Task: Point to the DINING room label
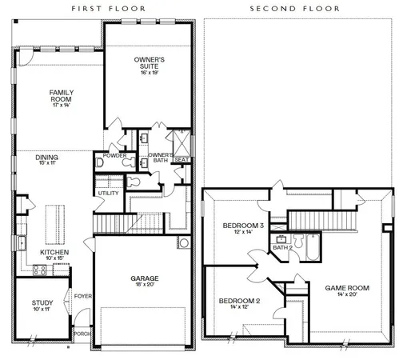pyautogui.click(x=46, y=158)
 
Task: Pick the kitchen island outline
pyautogui.click(x=57, y=220)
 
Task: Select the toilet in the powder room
pyautogui.click(x=100, y=162)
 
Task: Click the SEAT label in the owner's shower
pyautogui.click(x=181, y=158)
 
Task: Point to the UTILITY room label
pyautogui.click(x=108, y=193)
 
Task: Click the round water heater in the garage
pyautogui.click(x=184, y=242)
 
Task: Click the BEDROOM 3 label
pyautogui.click(x=237, y=227)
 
